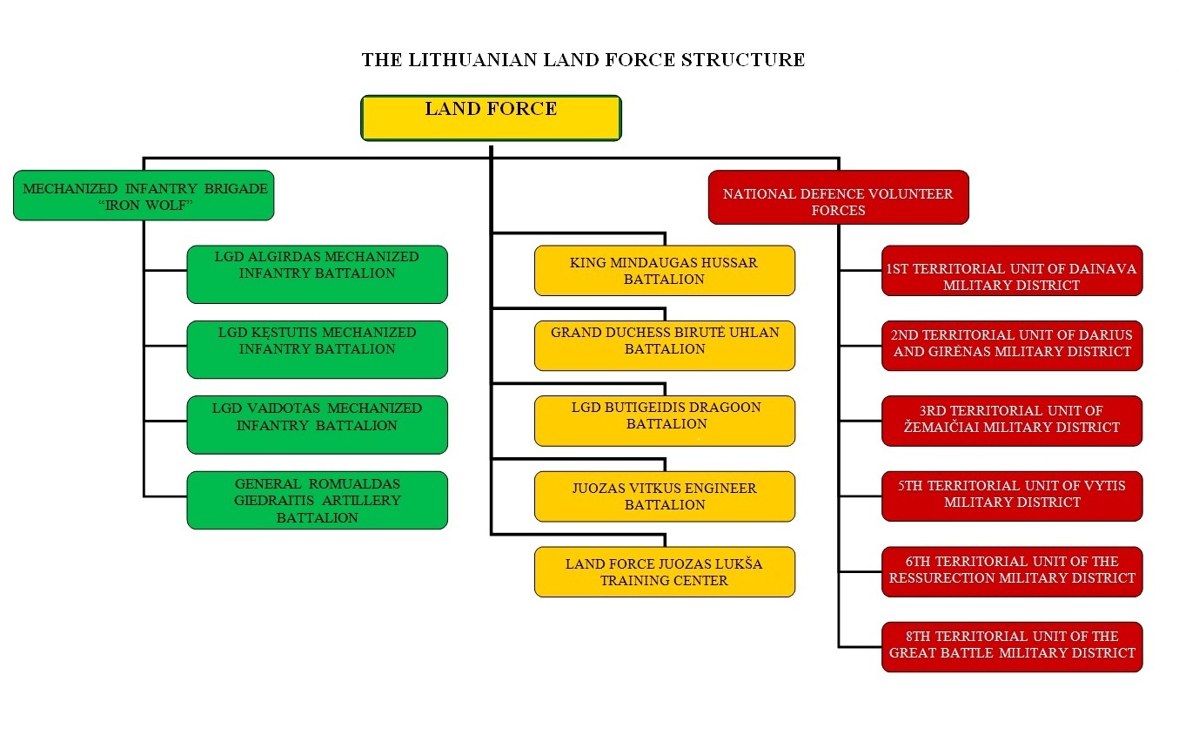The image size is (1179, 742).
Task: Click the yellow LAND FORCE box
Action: point(491,118)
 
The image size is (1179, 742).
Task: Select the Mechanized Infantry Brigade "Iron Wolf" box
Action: point(144,195)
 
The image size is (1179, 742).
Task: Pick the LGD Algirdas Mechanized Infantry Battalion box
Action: point(317,273)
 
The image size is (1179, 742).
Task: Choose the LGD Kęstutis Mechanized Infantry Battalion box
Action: point(317,349)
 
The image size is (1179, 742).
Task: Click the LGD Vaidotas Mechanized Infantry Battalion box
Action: point(317,424)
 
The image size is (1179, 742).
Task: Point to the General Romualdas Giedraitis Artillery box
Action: point(317,500)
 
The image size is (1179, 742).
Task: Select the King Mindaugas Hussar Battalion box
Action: point(664,270)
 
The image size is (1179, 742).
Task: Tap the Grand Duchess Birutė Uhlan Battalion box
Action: point(664,346)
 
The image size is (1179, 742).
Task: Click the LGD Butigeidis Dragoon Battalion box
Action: point(664,421)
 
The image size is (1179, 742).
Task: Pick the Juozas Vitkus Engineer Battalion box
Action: point(664,496)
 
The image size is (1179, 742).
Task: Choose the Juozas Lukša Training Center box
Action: point(664,571)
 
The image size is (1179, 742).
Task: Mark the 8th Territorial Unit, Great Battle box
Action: point(1011,646)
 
